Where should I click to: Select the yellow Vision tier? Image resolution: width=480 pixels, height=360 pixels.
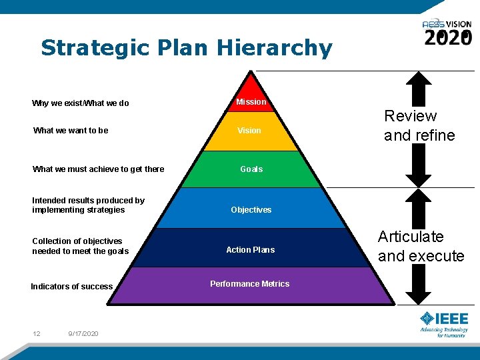249,131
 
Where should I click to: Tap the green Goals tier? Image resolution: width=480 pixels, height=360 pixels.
251,169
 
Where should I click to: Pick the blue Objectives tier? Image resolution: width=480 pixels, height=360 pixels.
251,209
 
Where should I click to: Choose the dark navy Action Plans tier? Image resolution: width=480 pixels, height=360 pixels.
251,249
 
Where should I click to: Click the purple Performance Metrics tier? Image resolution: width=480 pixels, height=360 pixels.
250,285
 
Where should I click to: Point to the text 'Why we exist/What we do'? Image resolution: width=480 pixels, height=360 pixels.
81,103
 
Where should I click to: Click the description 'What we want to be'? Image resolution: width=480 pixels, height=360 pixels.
71,131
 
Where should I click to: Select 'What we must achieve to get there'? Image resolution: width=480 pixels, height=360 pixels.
98,169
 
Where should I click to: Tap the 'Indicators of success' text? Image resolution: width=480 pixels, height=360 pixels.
72,287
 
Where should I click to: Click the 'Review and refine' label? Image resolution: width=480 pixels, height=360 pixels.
419,125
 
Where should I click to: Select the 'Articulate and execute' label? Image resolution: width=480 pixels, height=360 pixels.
421,246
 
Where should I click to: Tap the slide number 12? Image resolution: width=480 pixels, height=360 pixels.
36,333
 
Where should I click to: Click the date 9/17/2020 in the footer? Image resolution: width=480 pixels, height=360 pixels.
83,333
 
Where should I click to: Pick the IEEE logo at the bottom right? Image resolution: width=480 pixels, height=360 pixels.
444,323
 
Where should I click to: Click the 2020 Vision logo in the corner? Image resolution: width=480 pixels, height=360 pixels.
447,32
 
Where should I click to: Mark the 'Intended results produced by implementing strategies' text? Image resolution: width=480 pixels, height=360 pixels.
88,205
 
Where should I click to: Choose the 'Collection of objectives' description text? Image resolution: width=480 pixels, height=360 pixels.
80,246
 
